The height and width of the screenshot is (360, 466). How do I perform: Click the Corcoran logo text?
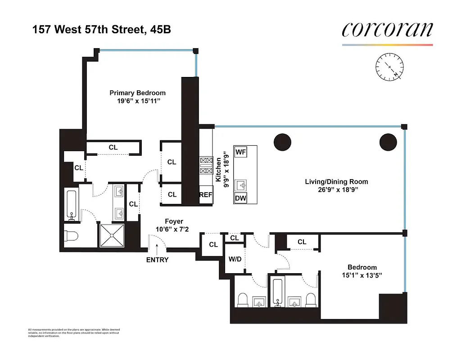pyautogui.click(x=387, y=30)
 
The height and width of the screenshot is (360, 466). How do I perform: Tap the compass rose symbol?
pyautogui.click(x=389, y=67)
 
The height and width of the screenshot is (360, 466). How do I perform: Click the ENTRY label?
pyautogui.click(x=157, y=260)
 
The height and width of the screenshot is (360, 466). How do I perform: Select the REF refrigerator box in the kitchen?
pyautogui.click(x=206, y=195)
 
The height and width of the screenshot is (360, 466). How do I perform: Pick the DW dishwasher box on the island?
pyautogui.click(x=240, y=198)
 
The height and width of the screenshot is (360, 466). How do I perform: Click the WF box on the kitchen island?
pyautogui.click(x=240, y=152)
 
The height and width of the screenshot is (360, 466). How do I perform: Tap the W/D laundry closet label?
pyautogui.click(x=235, y=259)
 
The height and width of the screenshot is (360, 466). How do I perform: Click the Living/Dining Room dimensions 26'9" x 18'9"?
pyautogui.click(x=336, y=190)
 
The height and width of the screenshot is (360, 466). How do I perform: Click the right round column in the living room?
pyautogui.click(x=388, y=142)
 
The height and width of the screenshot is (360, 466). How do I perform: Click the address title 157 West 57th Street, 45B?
pyautogui.click(x=101, y=30)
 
